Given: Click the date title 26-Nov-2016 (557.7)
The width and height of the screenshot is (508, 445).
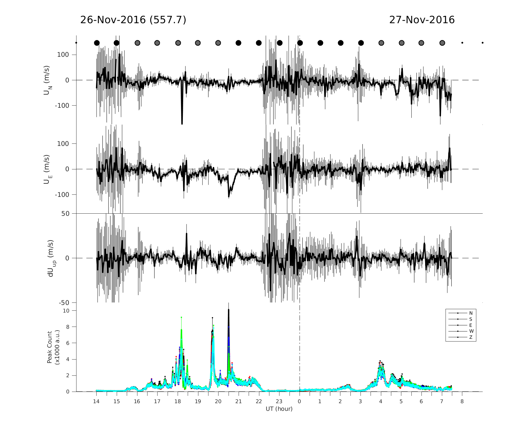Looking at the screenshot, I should [x=133, y=20].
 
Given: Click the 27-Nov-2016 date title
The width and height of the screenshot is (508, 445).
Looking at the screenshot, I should [x=422, y=20].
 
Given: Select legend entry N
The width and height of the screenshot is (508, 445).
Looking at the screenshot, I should [x=471, y=313].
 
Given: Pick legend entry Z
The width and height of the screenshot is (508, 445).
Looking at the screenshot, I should [x=471, y=337].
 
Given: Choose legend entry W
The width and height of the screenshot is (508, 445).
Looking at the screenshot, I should [x=471, y=331].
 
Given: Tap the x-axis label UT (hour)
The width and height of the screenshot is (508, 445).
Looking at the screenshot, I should [x=279, y=409].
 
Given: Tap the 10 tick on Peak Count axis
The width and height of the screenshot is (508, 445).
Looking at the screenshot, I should [x=66, y=311].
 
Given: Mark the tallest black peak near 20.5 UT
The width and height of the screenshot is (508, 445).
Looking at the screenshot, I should [x=229, y=309].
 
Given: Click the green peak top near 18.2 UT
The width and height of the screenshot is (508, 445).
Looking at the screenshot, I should [x=181, y=318].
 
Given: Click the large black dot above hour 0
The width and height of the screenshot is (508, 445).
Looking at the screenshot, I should [x=300, y=43].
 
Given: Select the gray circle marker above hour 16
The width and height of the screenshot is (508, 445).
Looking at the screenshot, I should [x=137, y=43].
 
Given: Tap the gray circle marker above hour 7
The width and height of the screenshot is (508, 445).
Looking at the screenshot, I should [x=442, y=43].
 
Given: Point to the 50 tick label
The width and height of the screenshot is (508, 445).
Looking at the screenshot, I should [x=66, y=214].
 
